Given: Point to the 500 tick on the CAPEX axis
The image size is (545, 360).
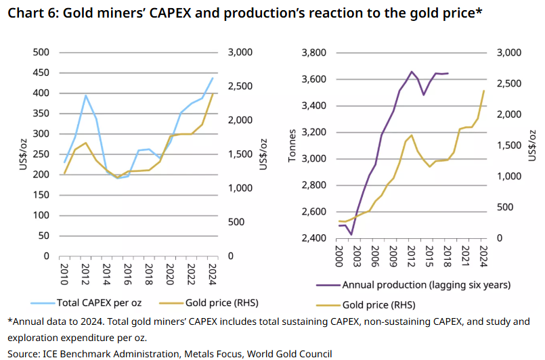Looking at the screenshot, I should tap(41, 53).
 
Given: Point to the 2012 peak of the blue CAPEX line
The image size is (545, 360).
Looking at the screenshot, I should tap(86, 95).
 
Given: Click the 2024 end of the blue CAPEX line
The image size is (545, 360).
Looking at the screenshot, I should tap(213, 78).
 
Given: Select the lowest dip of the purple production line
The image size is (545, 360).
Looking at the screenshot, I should tap(351, 234).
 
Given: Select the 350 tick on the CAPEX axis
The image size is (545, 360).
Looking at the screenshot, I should tap(41, 114).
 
